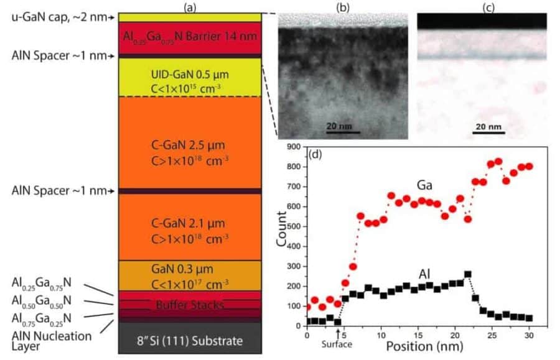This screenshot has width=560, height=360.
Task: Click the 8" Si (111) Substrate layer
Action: pos(189,341)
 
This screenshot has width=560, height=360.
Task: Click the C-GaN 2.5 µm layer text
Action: pos(190,150)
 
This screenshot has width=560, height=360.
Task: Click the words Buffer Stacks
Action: pos(189,305)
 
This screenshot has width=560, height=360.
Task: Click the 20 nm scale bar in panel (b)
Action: pos(343,131)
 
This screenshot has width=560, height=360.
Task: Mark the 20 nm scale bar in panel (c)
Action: pos(488,131)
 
